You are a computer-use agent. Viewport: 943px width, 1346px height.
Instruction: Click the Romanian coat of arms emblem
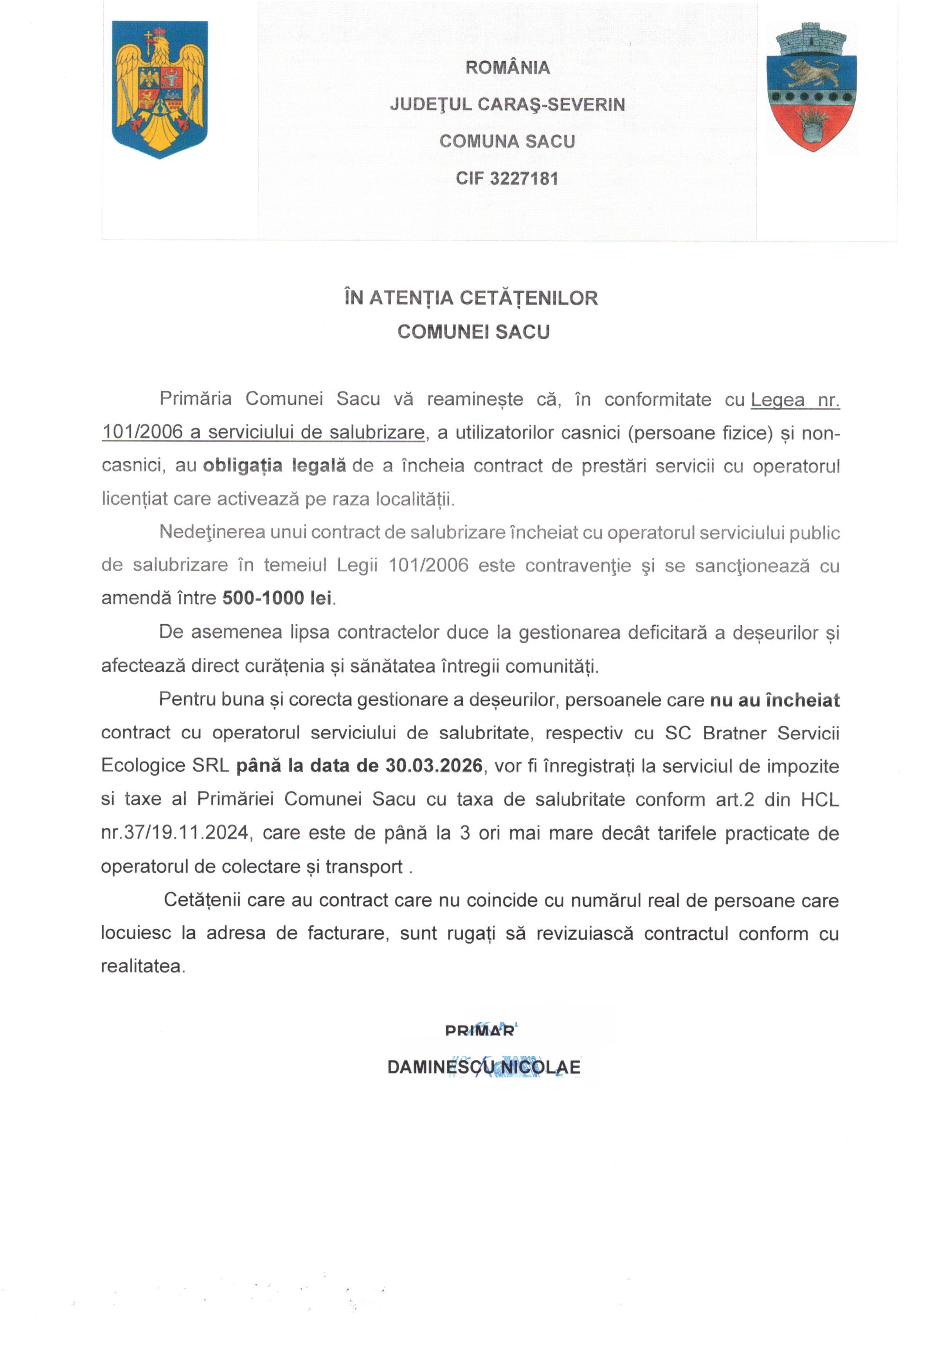159,89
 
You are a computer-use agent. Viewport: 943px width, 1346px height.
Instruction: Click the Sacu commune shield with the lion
812,88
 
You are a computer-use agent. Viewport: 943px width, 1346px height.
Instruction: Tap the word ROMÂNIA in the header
507,67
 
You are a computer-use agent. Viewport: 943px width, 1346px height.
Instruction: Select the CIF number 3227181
524,178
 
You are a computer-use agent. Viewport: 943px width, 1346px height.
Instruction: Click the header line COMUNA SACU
507,141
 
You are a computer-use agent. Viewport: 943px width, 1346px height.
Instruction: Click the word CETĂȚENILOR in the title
528,298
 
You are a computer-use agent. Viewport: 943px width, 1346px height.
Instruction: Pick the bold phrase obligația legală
274,466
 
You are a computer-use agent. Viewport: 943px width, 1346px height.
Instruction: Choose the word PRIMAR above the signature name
479,1030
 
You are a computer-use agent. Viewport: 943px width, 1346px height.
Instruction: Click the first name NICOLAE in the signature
540,1066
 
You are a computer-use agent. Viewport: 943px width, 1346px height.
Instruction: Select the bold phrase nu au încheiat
774,700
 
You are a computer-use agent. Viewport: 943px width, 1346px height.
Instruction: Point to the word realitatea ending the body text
143,966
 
